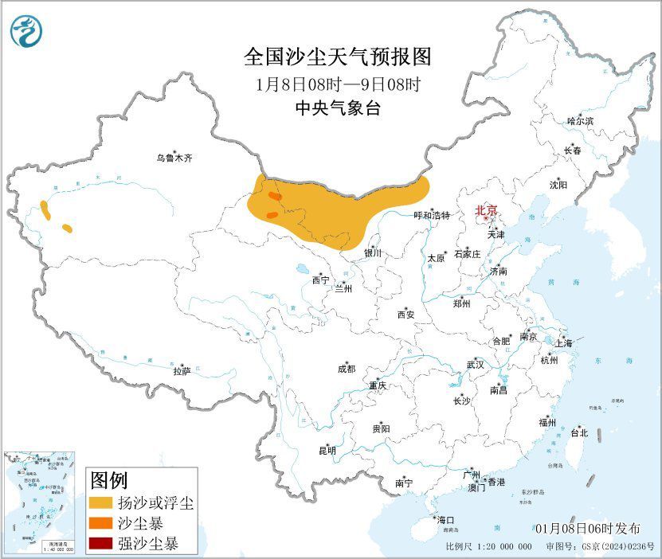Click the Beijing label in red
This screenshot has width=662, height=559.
coord(486,210)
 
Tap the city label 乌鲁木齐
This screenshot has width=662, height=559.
coord(174,158)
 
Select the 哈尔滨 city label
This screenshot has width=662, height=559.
coord(580,121)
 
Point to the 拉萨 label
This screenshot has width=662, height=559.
coord(182,371)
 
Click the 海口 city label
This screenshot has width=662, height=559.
coord(446,520)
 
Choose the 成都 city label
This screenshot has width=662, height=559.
coord(347,369)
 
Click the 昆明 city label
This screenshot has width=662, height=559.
coord(327,451)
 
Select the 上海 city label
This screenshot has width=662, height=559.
coord(564,343)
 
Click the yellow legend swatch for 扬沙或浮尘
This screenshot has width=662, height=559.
coord(100,503)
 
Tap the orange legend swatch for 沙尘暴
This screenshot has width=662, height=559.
coord(100,524)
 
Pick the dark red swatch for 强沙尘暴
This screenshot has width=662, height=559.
coord(100,545)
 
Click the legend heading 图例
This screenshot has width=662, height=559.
coord(108,481)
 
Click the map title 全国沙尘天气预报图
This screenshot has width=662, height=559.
coord(337,57)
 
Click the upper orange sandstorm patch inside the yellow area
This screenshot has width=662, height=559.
coord(274,196)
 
